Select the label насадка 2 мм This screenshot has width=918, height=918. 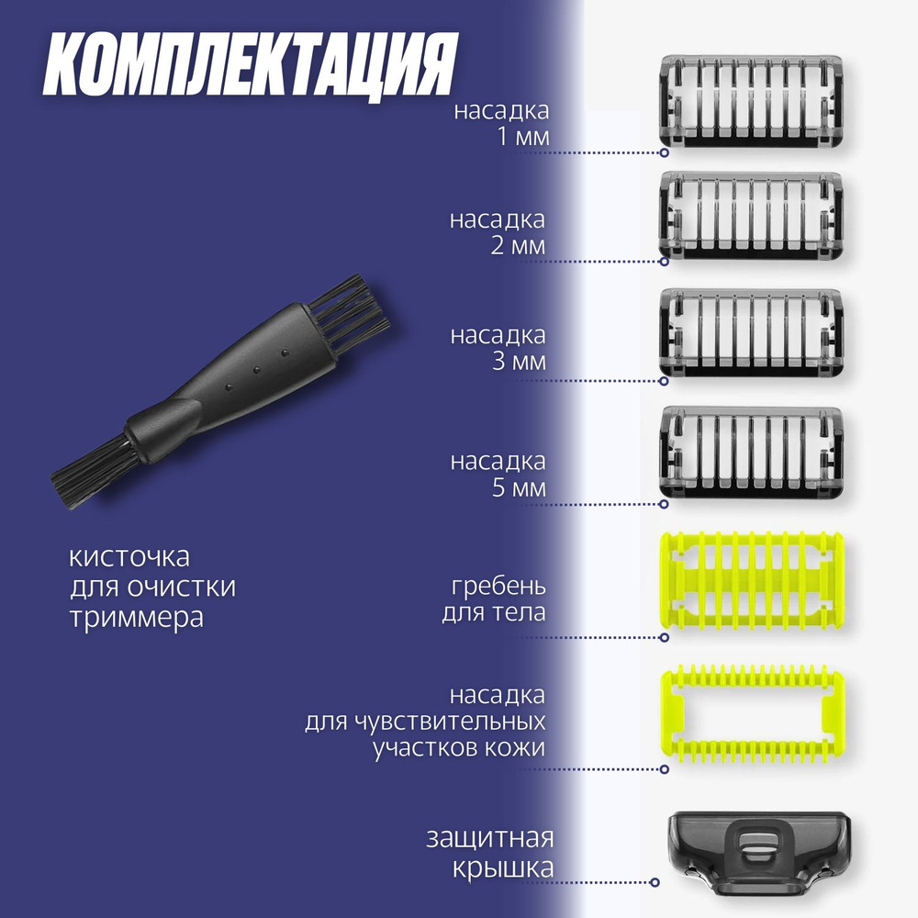(498, 233)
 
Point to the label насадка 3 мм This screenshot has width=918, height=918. (498, 348)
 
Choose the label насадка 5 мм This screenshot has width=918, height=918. (498, 474)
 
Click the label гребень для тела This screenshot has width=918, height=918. (494, 599)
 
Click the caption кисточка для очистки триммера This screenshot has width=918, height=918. (152, 587)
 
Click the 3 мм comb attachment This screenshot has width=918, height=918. (751, 333)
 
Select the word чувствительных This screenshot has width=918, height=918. (425, 721)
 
